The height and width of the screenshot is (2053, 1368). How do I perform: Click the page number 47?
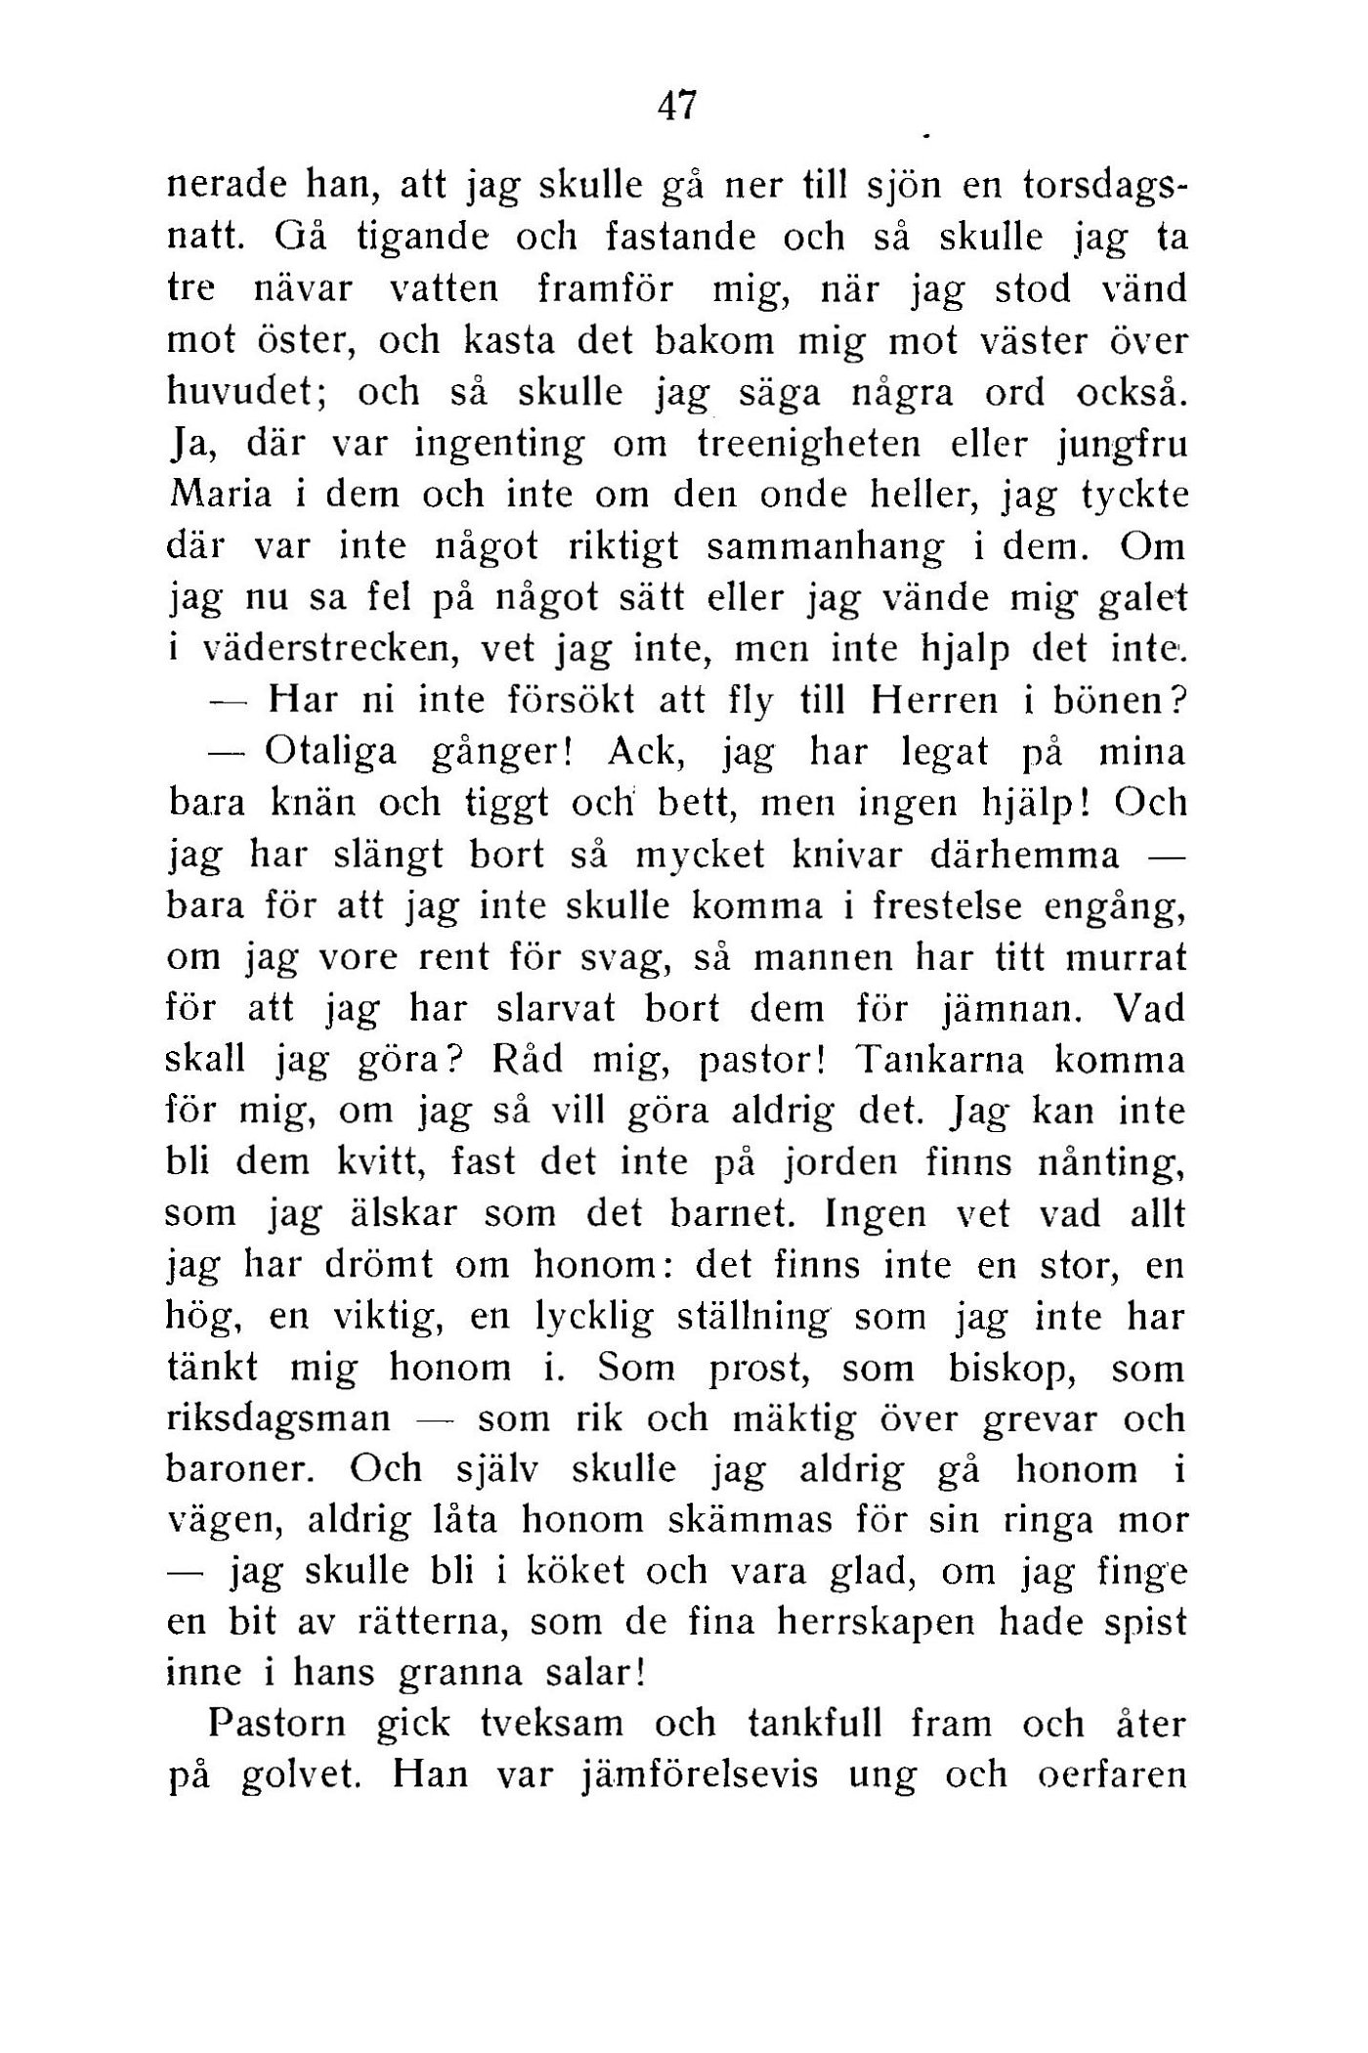677,105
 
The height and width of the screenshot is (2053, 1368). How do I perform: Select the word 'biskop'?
1016,1368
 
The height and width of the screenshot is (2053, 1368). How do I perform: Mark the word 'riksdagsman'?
278,1420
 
